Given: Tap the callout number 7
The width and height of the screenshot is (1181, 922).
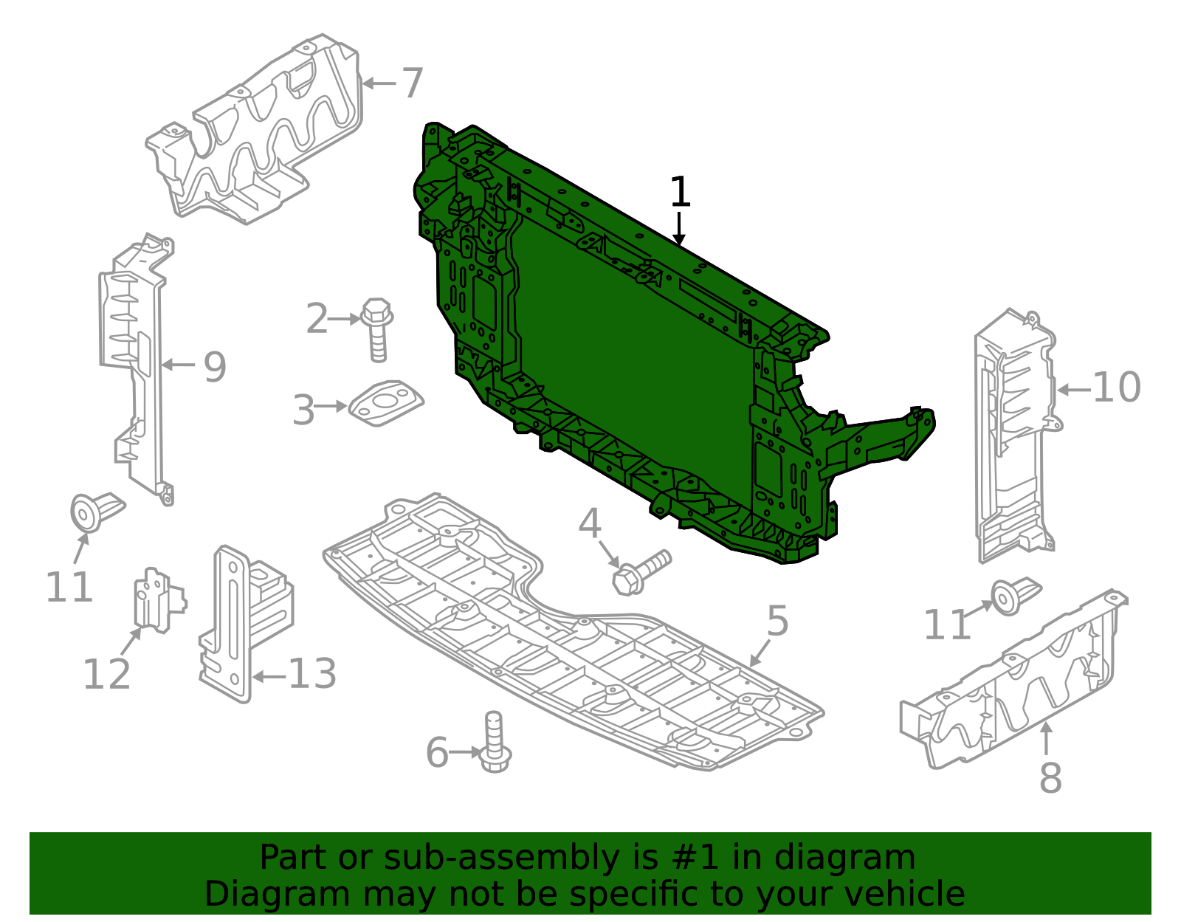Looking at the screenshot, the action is pos(413,83).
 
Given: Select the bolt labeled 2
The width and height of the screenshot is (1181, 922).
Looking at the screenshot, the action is pos(377,330).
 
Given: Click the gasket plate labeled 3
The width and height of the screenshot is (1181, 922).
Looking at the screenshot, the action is pos(385,403).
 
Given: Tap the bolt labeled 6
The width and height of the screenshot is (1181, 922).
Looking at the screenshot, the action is pos(495,742).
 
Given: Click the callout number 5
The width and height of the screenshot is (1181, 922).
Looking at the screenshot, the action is pos(778,621).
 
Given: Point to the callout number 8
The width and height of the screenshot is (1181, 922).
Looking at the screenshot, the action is pos(1050,778).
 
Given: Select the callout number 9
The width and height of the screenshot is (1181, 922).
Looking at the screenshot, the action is pos(215,368).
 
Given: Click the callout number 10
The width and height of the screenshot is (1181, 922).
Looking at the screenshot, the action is pos(1116,388).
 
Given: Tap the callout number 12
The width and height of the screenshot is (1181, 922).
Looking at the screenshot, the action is pos(106,674).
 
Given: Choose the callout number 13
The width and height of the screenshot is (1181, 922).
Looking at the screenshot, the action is pos(312,674).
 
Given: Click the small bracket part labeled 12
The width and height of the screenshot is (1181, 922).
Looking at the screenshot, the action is pos(159,601).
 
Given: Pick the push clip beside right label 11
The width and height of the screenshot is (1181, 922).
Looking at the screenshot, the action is pos(1015,596).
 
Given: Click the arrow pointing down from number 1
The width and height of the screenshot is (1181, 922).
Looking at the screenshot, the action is pos(679,228).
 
